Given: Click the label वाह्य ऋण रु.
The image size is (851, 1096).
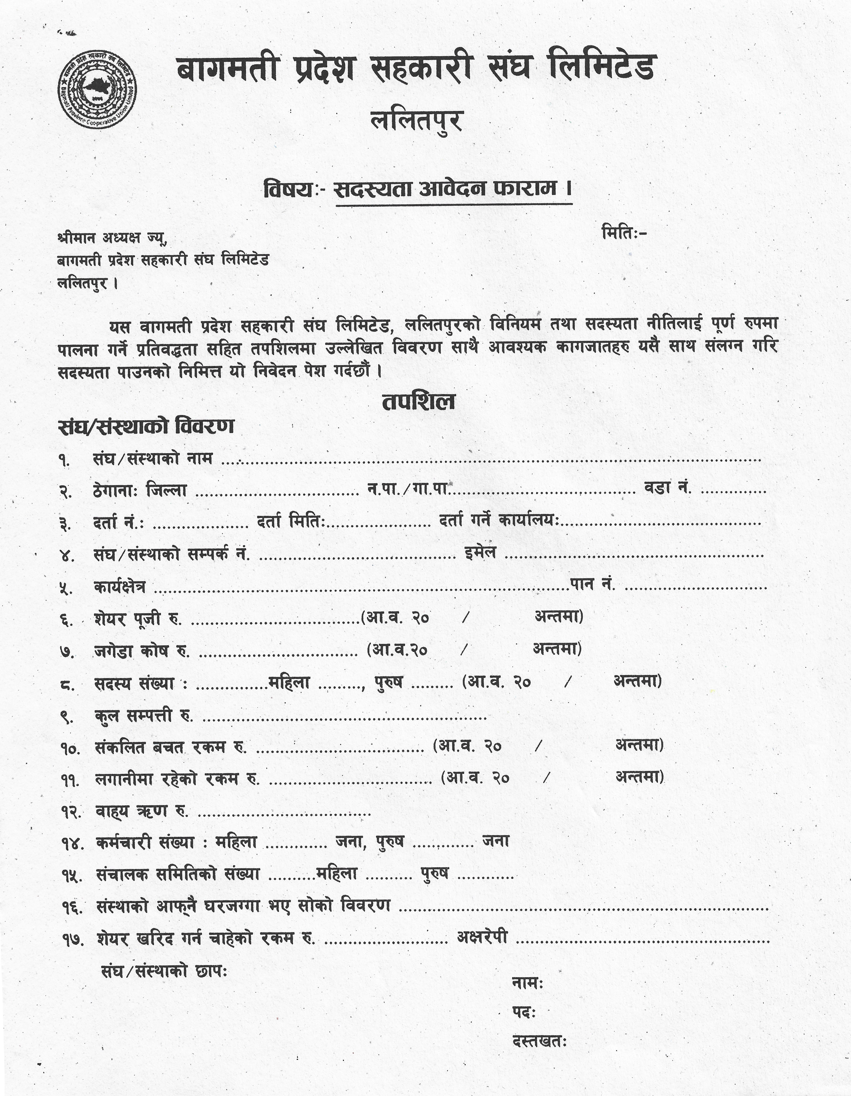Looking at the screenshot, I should click(x=142, y=811).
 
